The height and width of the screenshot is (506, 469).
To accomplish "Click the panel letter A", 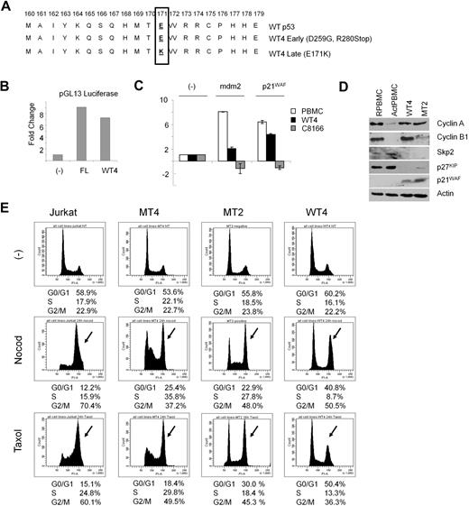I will pos(9,7).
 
